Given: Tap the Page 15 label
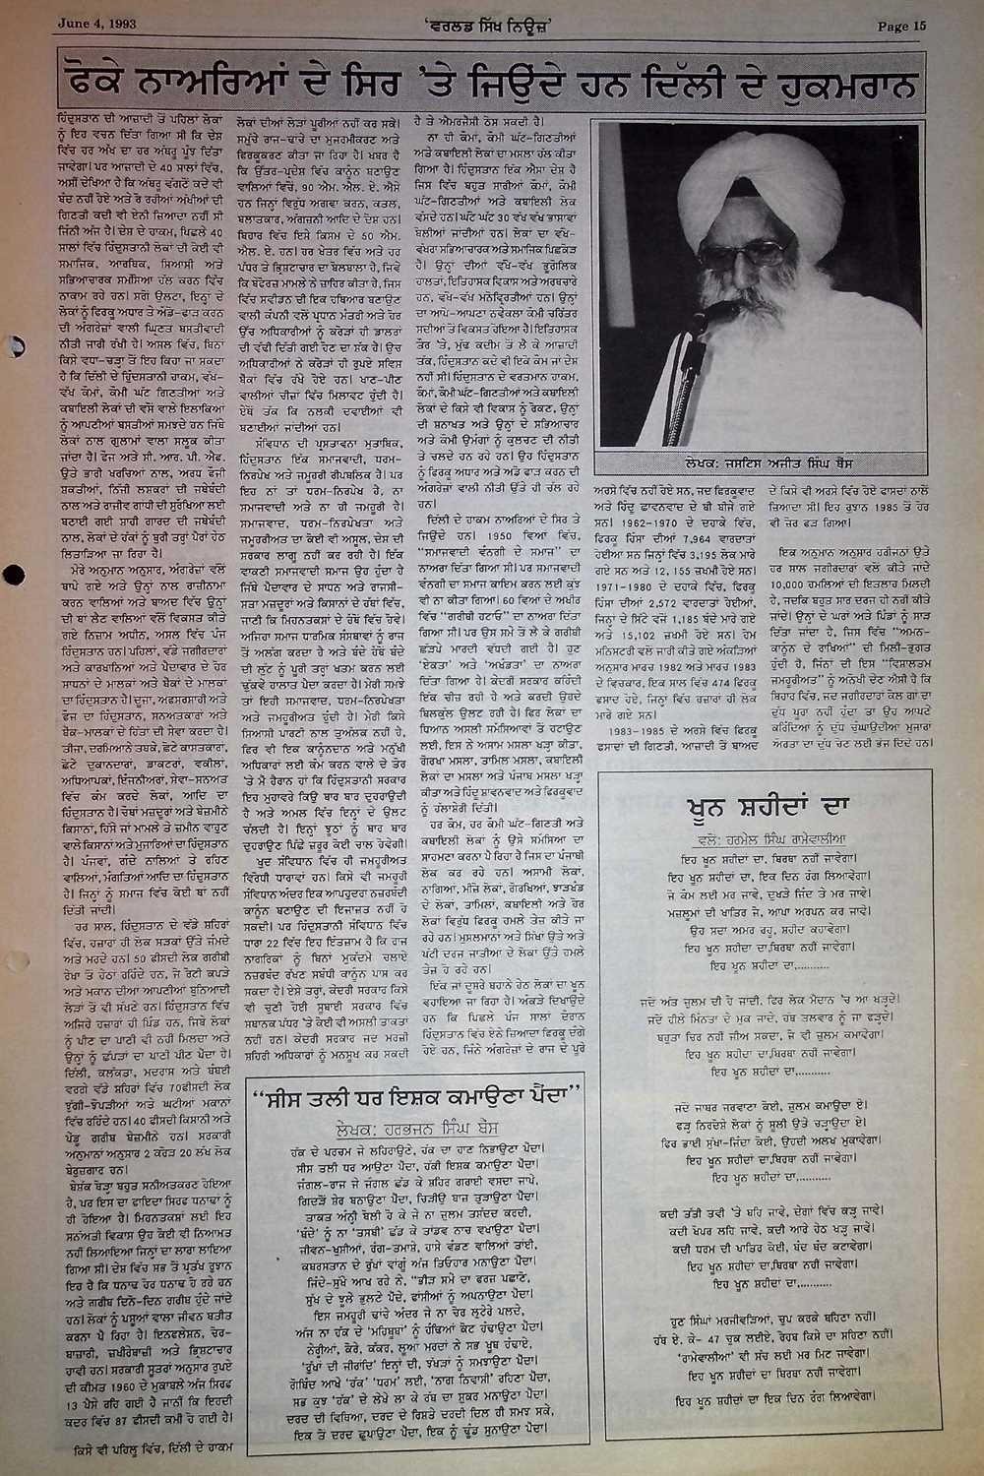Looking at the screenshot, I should click(x=902, y=27).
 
